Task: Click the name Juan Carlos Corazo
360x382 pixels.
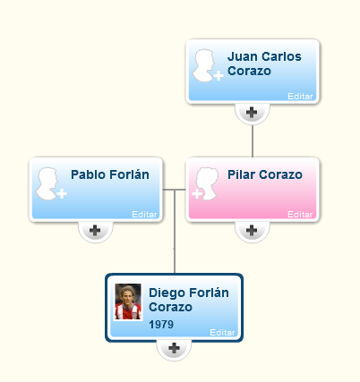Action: point(264,64)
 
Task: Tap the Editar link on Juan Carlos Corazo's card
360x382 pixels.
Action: point(300,97)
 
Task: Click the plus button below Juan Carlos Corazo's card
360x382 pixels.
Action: point(252,113)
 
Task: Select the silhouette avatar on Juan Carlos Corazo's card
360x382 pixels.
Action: point(207,65)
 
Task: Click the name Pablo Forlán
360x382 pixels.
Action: point(110,174)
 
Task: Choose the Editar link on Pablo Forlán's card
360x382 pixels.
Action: point(144,215)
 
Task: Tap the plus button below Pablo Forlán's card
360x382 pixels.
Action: point(95,231)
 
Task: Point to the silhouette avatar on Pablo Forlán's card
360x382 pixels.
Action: point(51,183)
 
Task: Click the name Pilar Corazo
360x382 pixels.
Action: point(265,174)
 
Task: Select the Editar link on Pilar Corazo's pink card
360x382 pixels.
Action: point(300,215)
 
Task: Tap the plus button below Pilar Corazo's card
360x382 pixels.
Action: point(252,231)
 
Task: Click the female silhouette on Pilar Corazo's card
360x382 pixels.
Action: point(206,183)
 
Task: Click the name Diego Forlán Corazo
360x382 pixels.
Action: point(189,300)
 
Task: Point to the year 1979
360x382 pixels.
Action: point(161,325)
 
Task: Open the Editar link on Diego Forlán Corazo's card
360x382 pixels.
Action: point(222,333)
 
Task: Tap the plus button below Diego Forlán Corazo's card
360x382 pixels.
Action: point(174,348)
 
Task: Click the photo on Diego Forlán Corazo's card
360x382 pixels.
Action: point(128,301)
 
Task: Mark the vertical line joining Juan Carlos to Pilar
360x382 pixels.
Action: point(253,141)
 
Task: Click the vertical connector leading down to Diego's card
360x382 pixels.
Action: point(175,232)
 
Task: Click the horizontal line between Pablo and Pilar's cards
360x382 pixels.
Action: point(175,190)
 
